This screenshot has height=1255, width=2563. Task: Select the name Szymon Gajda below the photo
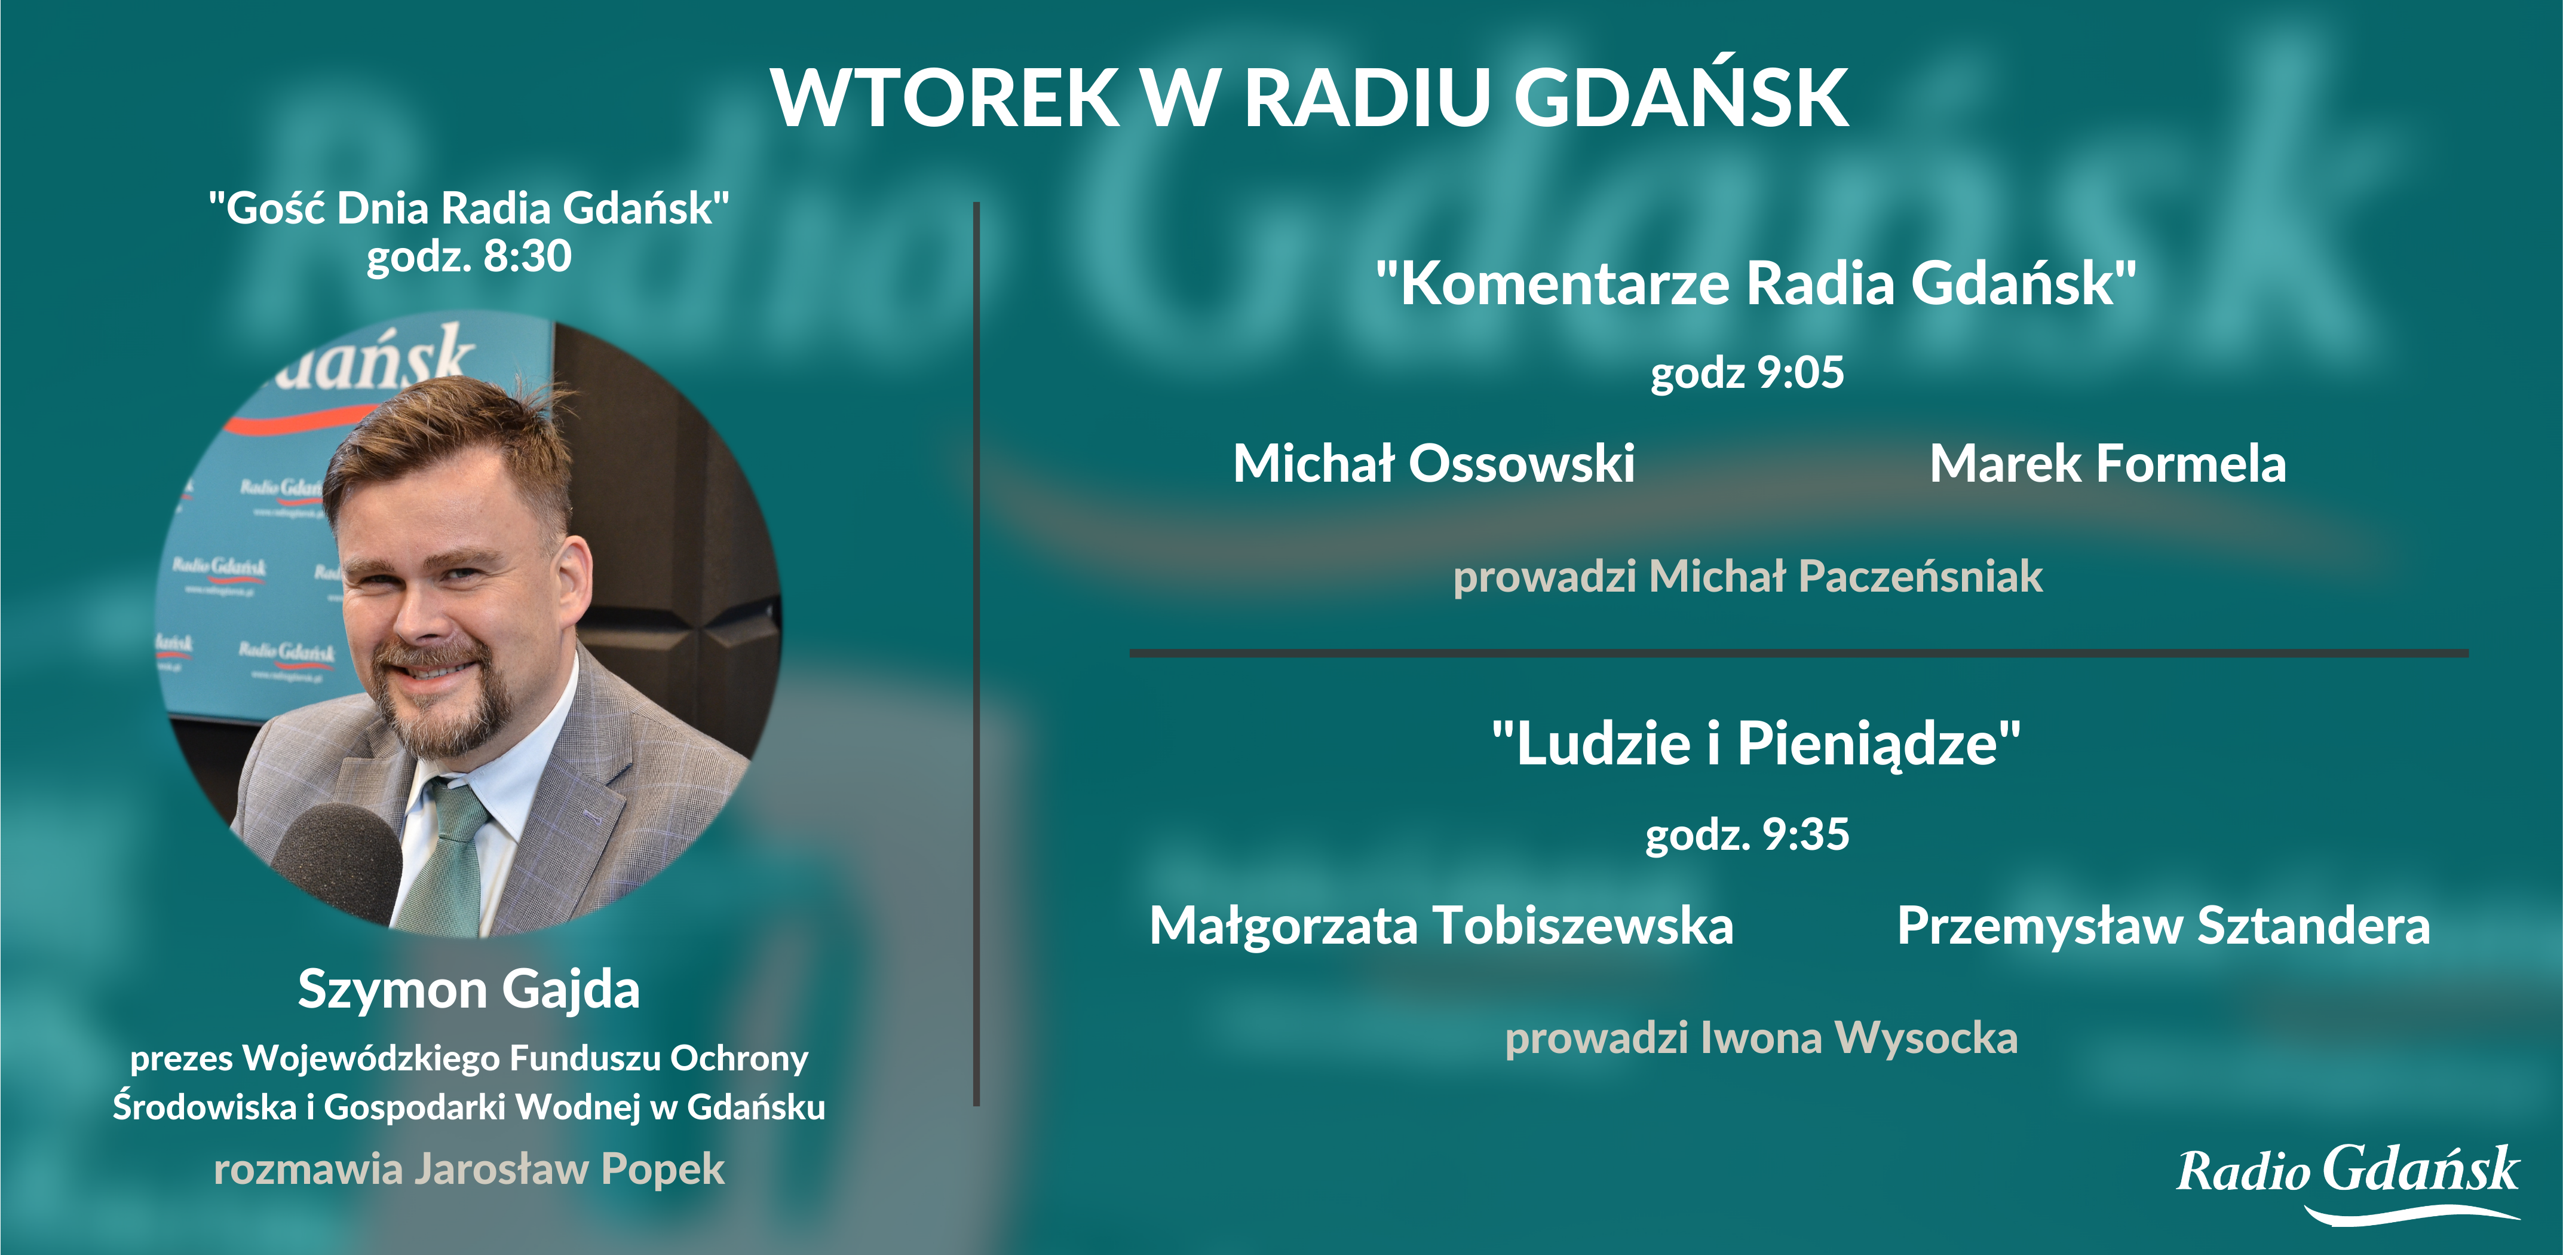[x=468, y=989]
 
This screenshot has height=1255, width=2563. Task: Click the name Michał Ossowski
[x=1434, y=464]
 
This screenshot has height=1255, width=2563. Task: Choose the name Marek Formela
[x=2107, y=464]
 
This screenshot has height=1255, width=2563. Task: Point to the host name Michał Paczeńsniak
[x=1845, y=576]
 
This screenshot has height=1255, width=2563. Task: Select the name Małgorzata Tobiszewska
[x=1440, y=926]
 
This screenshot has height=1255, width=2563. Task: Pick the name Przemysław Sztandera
[x=2163, y=926]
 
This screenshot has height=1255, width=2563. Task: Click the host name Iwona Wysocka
[x=1859, y=1038]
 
